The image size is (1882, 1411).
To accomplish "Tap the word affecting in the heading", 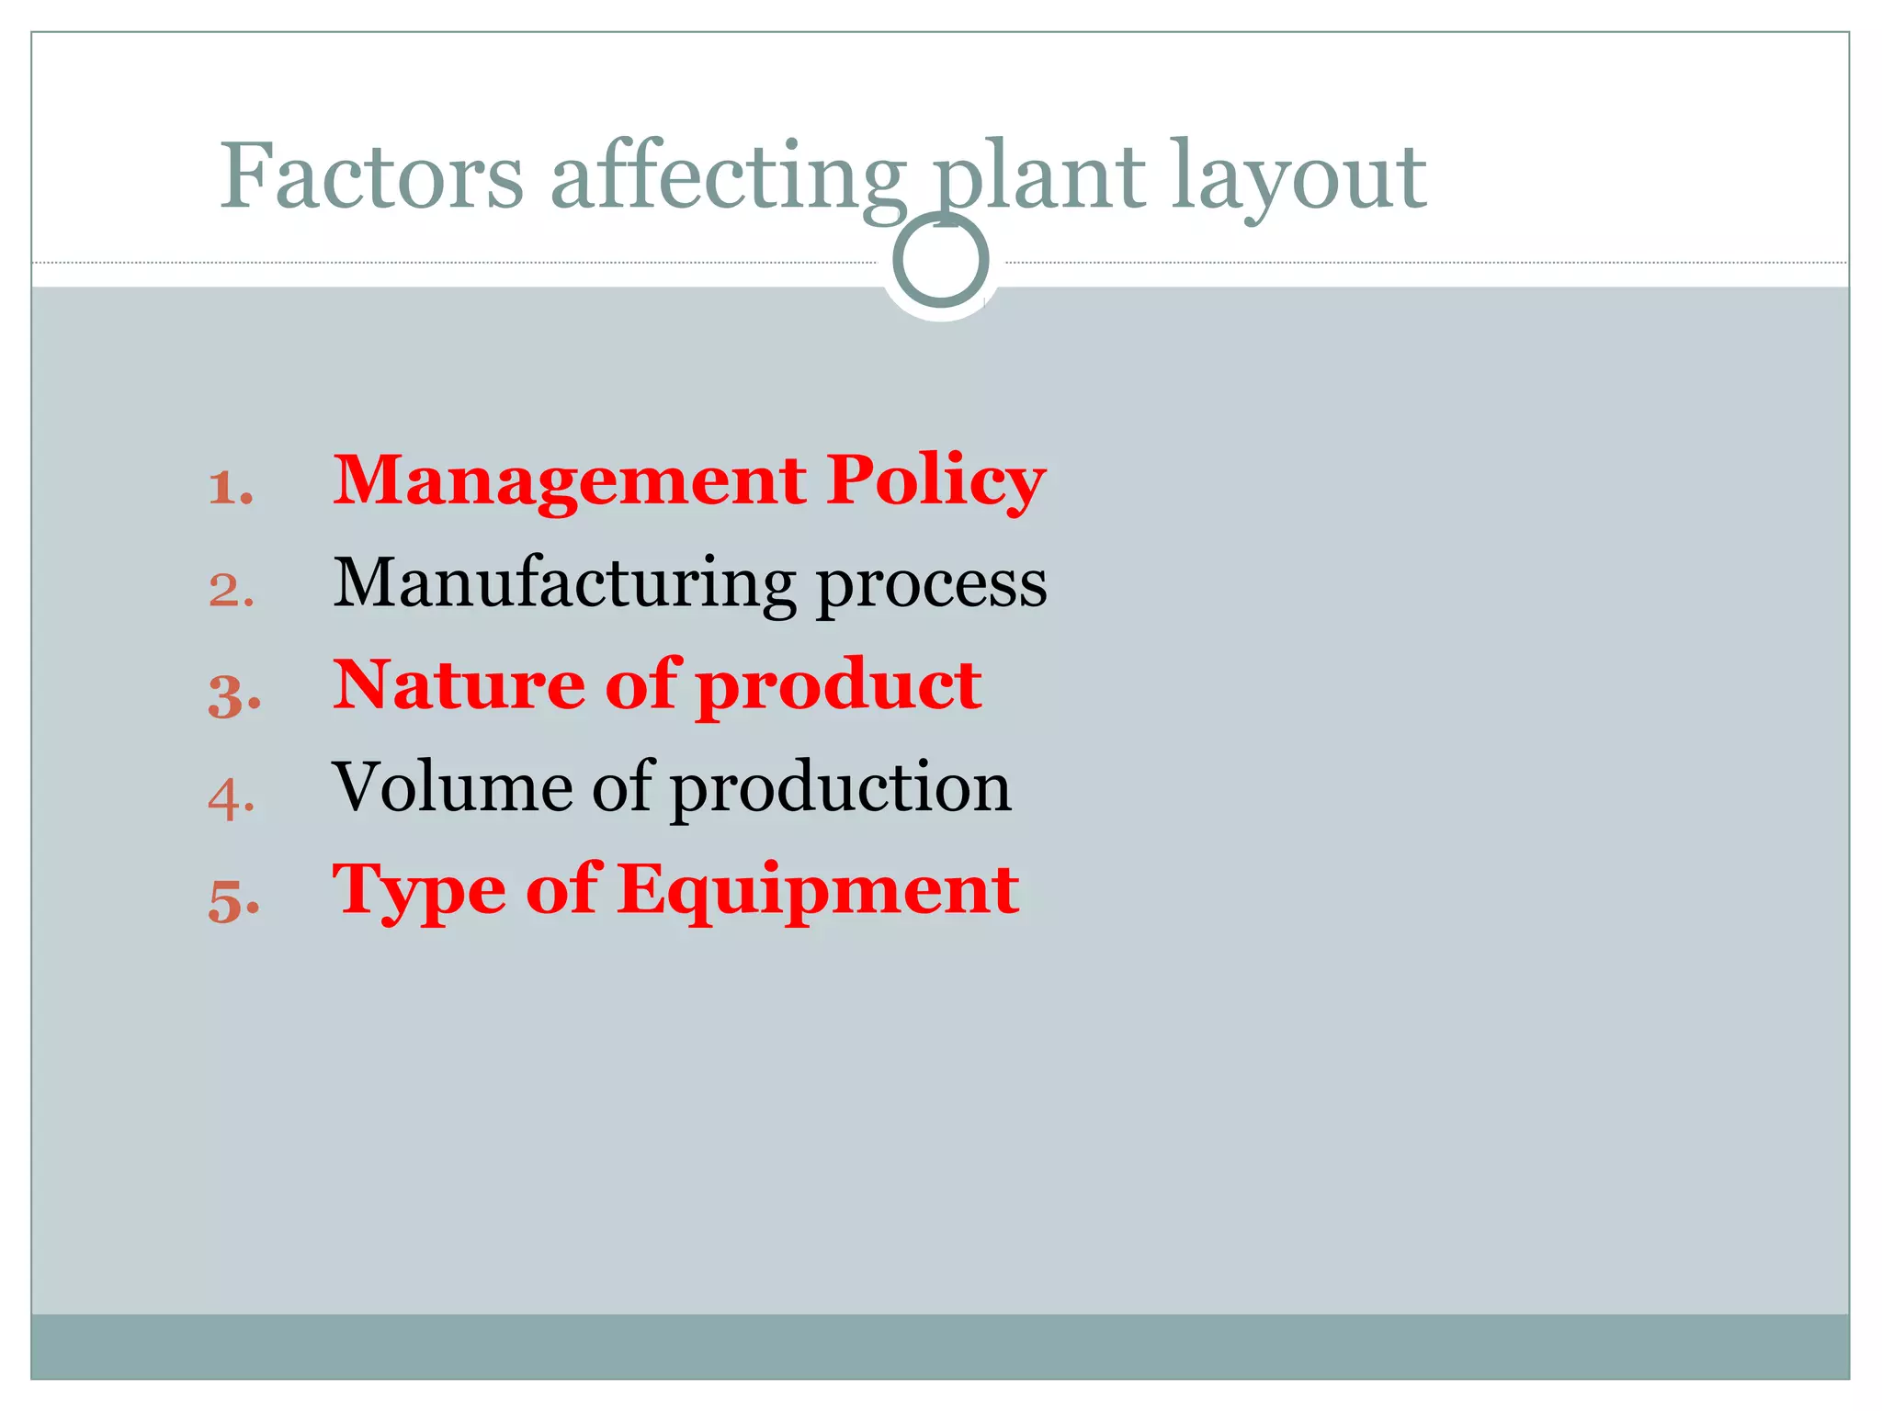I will (728, 176).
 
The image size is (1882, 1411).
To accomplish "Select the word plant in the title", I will (1038, 176).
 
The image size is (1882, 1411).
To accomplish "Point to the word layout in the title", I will (1299, 176).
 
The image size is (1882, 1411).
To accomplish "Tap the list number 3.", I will (233, 694).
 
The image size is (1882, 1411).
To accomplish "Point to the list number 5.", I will (233, 900).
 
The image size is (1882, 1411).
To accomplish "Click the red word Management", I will (570, 481).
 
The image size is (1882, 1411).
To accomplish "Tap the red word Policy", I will (935, 481).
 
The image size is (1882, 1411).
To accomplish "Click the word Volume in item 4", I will (452, 787).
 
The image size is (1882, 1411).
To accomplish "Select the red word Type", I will (419, 891).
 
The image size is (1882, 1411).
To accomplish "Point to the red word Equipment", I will (818, 891).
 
